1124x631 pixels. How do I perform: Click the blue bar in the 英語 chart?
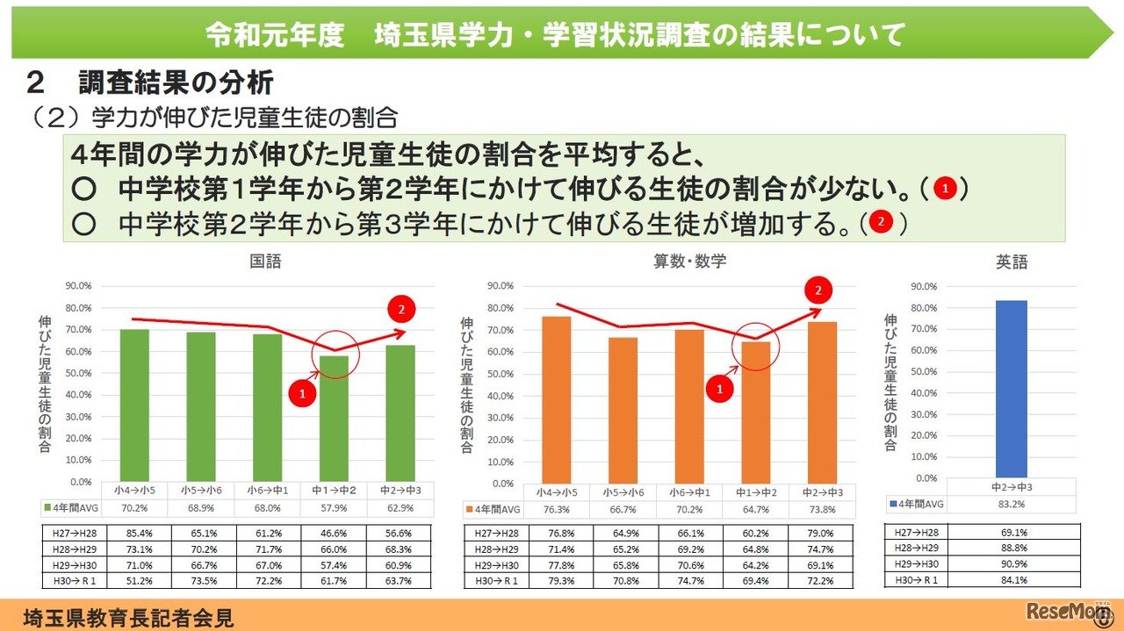point(1011,389)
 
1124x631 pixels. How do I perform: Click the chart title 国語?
point(266,262)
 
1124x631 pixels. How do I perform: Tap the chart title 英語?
point(1012,262)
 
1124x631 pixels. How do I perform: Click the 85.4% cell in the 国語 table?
point(135,533)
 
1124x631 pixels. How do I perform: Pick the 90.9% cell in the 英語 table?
point(1013,563)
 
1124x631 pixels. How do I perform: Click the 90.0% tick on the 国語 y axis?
point(80,286)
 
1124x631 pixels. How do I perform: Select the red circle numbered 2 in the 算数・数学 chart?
point(818,290)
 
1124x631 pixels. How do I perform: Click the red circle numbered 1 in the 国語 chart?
point(302,395)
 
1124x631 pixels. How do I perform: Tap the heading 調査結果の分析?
point(176,83)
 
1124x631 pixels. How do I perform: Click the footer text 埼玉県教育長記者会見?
point(129,617)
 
